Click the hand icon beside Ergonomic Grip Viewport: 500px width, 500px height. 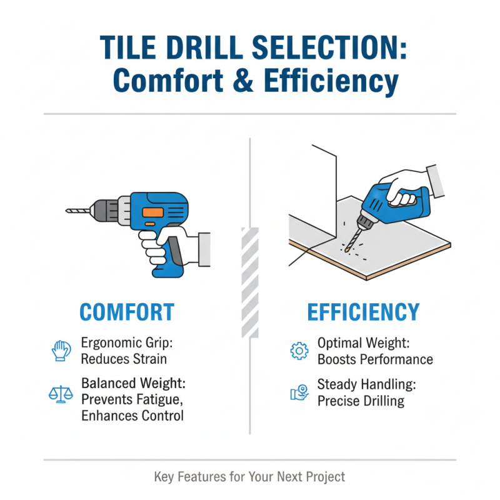tap(60, 351)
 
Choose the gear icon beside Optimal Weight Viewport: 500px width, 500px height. tap(299, 351)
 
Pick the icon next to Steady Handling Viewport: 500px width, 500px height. tap(299, 392)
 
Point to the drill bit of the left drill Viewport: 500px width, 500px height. tap(78, 211)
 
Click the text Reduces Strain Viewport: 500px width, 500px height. tap(124, 359)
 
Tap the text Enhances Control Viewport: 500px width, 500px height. tap(132, 415)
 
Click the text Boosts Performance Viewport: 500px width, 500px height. tap(375, 359)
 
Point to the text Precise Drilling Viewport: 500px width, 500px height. tap(361, 401)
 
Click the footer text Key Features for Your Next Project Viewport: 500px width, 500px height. tap(249, 477)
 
